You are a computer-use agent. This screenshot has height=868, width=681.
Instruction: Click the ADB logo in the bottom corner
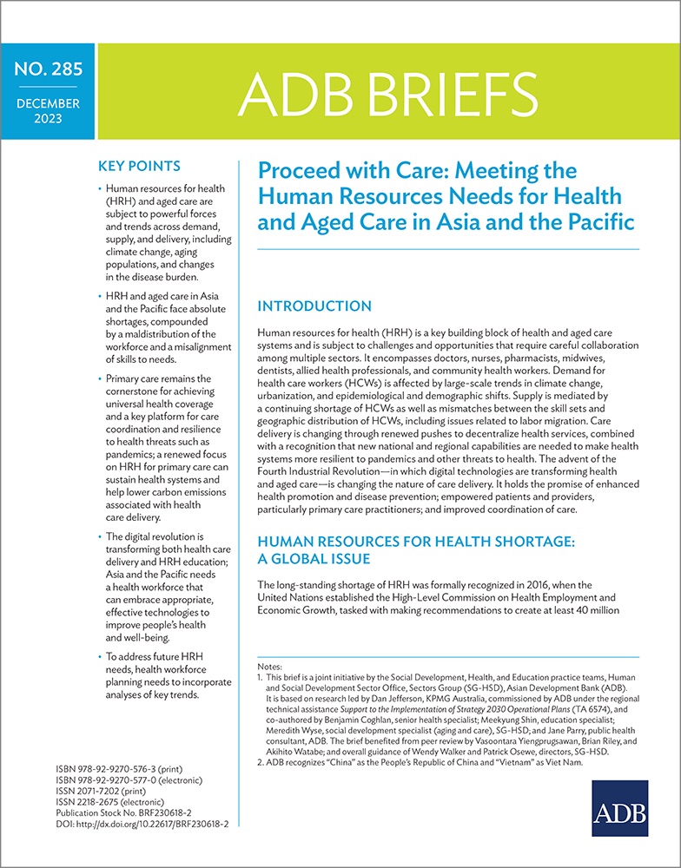tap(623, 812)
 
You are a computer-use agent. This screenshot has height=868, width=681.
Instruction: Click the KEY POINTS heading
tap(141, 166)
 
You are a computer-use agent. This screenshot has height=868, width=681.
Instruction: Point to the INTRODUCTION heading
tap(314, 306)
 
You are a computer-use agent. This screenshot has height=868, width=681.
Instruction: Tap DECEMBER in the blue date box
tap(47, 104)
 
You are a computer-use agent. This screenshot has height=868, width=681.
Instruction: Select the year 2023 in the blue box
tap(47, 121)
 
